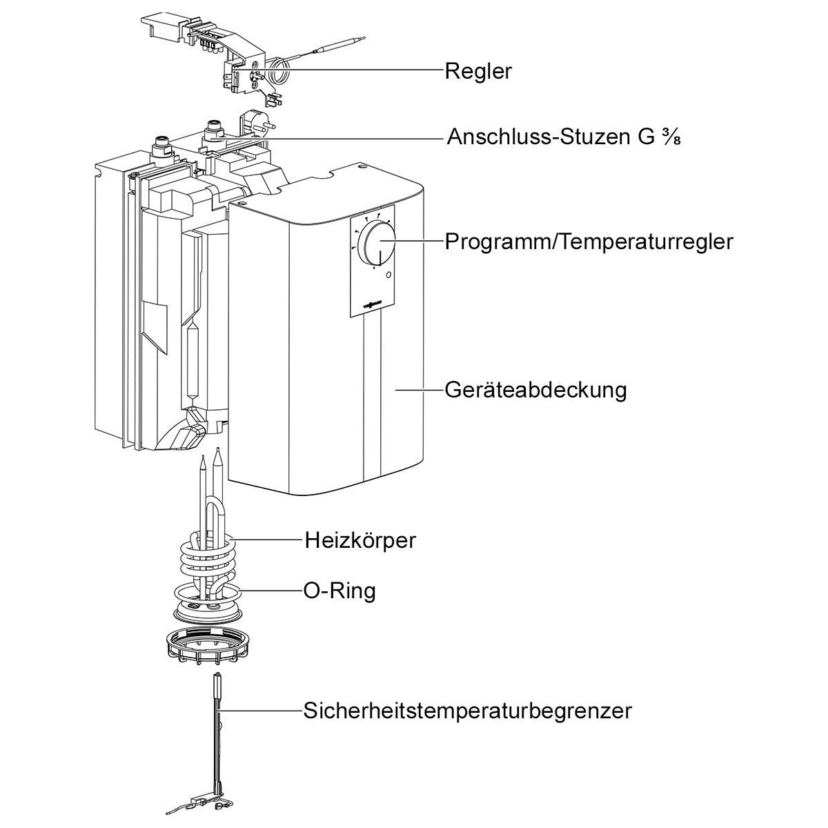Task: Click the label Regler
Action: [x=478, y=71]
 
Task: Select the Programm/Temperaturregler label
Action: [x=589, y=242]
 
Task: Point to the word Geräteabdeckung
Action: [x=535, y=390]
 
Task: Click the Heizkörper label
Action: [x=360, y=540]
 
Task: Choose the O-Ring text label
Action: [x=339, y=591]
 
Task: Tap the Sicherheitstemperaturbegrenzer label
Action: [x=467, y=710]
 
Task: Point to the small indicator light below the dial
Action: [x=389, y=276]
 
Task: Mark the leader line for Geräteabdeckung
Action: [x=418, y=390]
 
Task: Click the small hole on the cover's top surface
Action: [x=359, y=166]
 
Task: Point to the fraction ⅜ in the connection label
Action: [x=672, y=137]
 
